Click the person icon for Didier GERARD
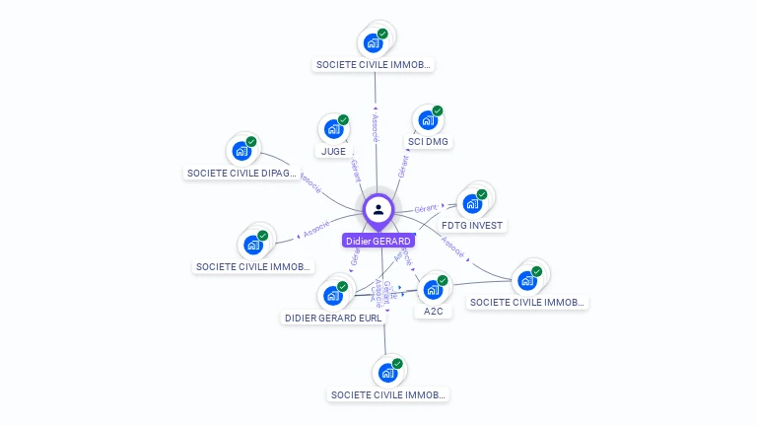click(x=378, y=209)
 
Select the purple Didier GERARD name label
click(x=378, y=241)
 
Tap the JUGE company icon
click(x=333, y=129)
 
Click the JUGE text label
click(x=333, y=152)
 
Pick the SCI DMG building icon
click(x=428, y=120)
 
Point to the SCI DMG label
click(x=428, y=142)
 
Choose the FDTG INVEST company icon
click(x=472, y=204)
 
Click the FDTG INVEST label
click(x=472, y=226)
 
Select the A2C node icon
click(x=432, y=290)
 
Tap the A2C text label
click(x=433, y=312)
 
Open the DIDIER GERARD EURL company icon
click(x=332, y=296)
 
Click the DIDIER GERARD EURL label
click(x=333, y=318)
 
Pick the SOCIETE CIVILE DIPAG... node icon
click(x=241, y=152)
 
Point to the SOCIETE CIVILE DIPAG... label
click(x=241, y=174)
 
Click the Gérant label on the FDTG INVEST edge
click(x=426, y=209)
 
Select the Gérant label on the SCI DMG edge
click(x=402, y=166)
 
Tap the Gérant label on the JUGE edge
click(x=356, y=170)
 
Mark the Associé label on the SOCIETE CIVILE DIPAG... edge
click(x=309, y=182)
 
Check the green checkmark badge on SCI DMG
click(x=438, y=110)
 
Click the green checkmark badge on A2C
click(x=443, y=281)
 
